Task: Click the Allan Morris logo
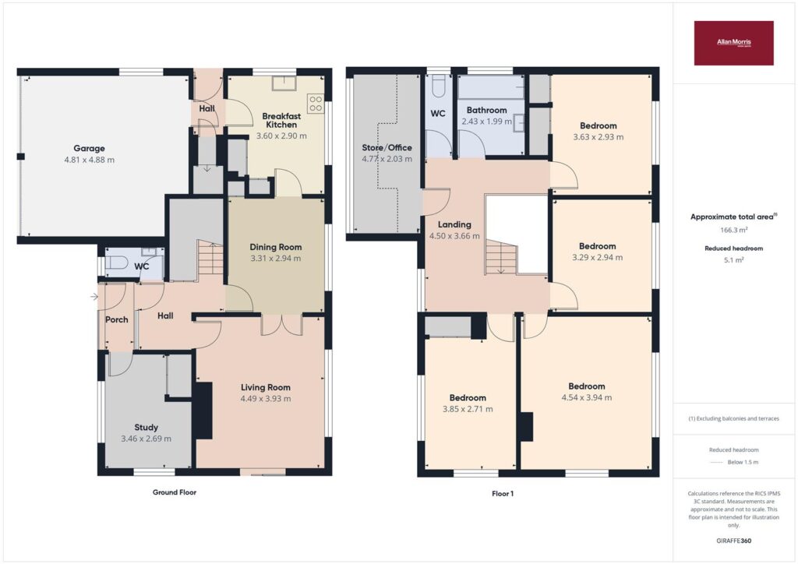(733, 43)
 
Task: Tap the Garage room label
(89, 149)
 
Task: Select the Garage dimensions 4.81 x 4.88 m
(89, 160)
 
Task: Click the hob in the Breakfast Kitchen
(316, 104)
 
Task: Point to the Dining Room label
(275, 247)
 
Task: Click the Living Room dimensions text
(266, 399)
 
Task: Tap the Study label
(146, 427)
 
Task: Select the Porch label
(117, 319)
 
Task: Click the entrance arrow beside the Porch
(94, 297)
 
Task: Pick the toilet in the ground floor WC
(115, 263)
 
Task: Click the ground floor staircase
(210, 259)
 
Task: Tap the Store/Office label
(387, 147)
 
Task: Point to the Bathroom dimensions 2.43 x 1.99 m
(486, 122)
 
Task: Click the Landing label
(454, 224)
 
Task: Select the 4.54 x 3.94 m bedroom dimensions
(587, 398)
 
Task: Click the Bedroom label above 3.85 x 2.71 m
(468, 398)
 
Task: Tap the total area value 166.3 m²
(733, 230)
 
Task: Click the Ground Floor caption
(175, 492)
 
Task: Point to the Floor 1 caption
(503, 493)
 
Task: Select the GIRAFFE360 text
(733, 541)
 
